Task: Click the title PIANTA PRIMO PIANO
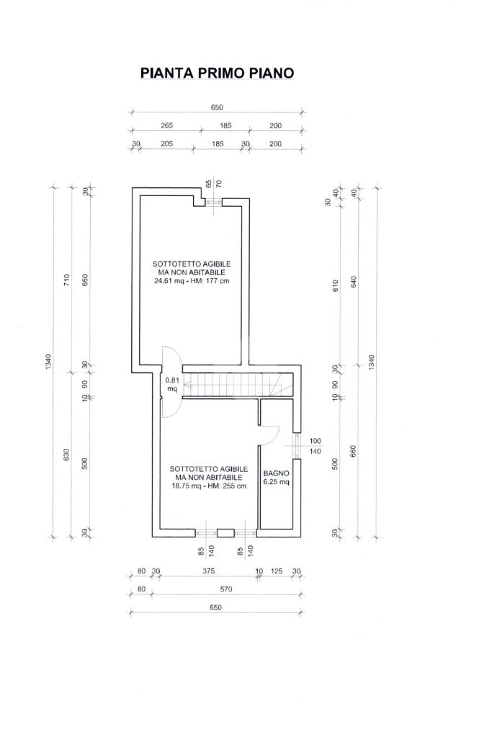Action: pos(217,73)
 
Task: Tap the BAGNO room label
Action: pos(276,473)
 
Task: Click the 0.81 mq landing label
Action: pos(172,385)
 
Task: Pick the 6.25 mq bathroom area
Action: pos(276,482)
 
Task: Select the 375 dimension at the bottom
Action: pos(208,571)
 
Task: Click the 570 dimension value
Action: pos(226,589)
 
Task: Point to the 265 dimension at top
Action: pos(167,125)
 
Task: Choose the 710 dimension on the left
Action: pos(66,280)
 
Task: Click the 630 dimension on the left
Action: pos(66,455)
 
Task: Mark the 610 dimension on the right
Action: pos(335,285)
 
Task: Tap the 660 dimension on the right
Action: pos(354,451)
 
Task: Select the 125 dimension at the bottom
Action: pos(277,571)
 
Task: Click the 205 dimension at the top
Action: pos(167,144)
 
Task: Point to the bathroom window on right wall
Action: pos(297,445)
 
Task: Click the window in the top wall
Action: pos(214,202)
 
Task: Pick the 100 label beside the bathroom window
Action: pos(316,441)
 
